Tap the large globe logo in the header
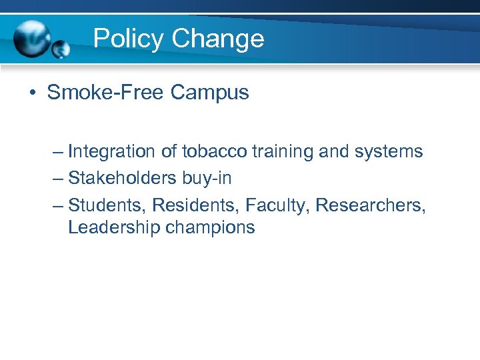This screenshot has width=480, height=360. (31, 39)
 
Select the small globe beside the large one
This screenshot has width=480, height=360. (61, 49)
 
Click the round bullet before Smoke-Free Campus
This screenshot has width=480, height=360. (32, 93)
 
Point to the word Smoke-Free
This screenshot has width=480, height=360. (105, 92)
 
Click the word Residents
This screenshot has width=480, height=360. (196, 204)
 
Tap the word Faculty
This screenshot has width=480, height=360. (277, 204)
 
